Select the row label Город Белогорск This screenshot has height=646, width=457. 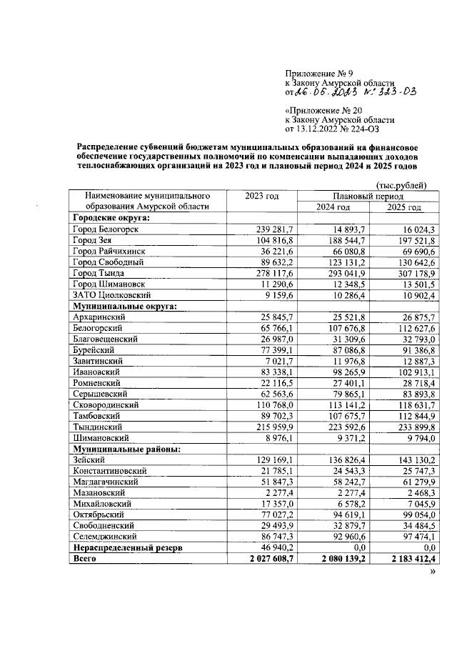coord(106,229)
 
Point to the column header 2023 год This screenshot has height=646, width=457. coord(261,197)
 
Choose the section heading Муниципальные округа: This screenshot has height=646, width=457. coord(124,306)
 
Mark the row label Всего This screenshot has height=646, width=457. coord(84,559)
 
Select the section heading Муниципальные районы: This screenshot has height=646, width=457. coord(126,449)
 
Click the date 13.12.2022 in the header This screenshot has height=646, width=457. coord(321,130)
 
